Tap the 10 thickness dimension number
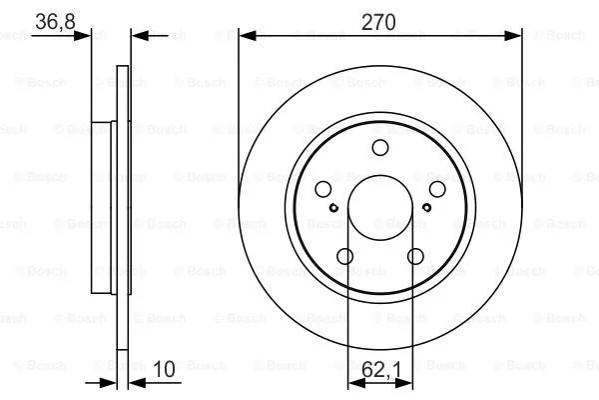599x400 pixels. point(166,369)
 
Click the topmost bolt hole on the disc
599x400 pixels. point(379,148)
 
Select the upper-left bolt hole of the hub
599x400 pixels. point(322,190)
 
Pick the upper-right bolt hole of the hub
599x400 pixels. point(437,190)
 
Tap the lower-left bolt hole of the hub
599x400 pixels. point(344,256)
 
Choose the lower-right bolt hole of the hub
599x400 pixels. point(415,256)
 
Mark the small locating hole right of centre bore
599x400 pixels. point(426,208)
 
